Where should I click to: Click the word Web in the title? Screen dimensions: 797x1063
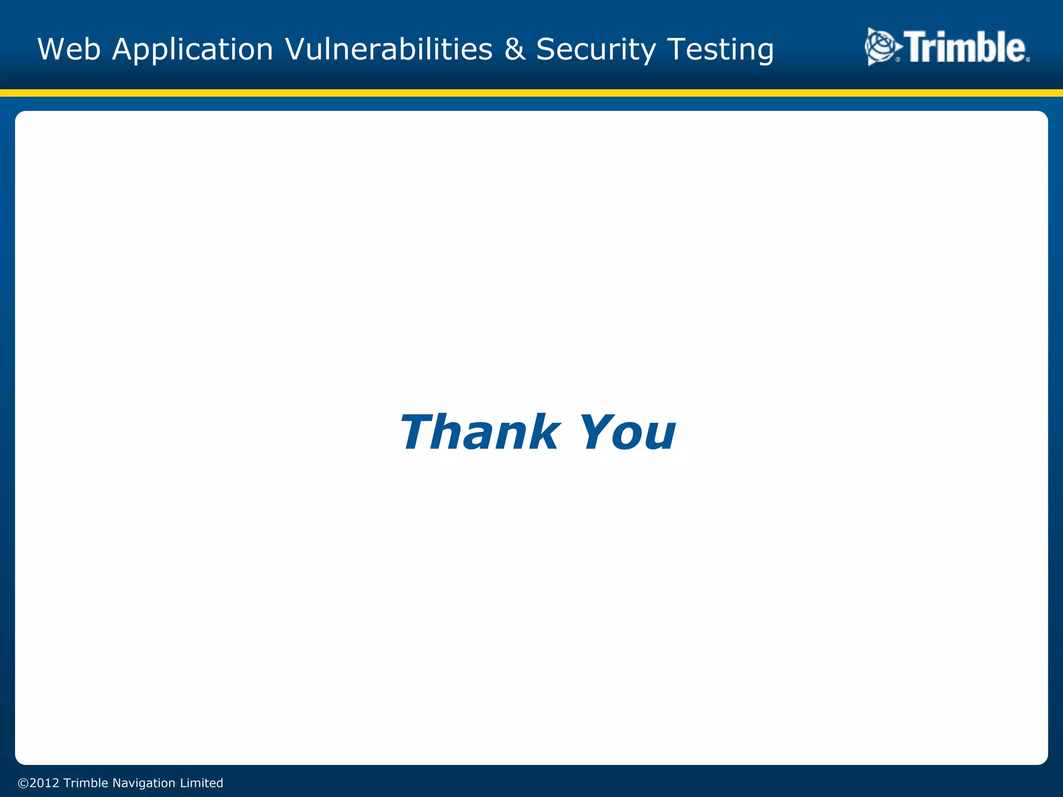point(69,49)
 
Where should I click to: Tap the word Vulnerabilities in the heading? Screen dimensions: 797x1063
point(389,49)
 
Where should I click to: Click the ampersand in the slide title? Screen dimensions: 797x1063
point(514,49)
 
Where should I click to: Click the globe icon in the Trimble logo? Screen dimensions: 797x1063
point(881,47)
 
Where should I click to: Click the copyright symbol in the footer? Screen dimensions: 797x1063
point(23,783)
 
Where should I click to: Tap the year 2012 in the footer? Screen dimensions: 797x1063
point(44,783)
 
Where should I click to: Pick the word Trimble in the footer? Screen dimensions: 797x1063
point(86,783)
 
